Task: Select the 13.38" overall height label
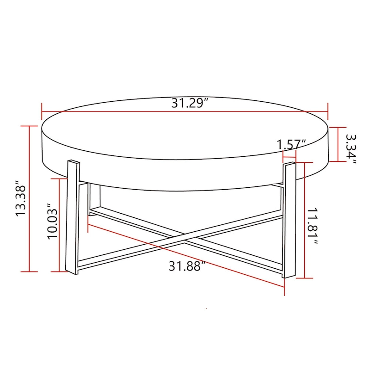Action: (x=22, y=199)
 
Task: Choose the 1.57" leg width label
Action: (x=292, y=144)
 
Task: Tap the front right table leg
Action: (x=288, y=220)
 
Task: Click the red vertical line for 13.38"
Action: (x=30, y=199)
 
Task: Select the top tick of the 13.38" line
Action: (x=30, y=126)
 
